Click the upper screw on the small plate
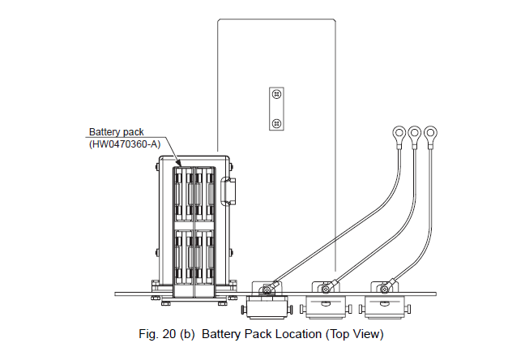[x=277, y=95]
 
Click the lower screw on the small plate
[x=277, y=122]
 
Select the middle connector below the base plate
[x=325, y=306]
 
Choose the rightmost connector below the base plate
[x=381, y=306]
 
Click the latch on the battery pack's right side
[x=229, y=191]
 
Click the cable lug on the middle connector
[x=327, y=286]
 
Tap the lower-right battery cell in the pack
[x=205, y=256]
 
